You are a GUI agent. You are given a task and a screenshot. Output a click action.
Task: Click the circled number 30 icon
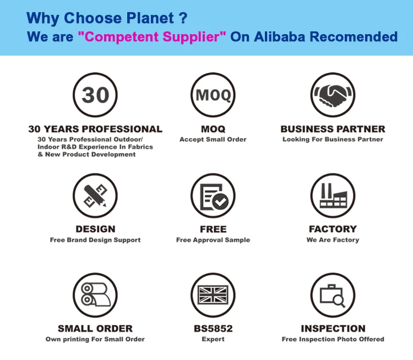[x=95, y=95]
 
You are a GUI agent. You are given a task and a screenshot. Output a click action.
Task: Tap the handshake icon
[x=333, y=95]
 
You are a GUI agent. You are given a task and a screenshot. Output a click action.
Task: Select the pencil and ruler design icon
[x=95, y=195]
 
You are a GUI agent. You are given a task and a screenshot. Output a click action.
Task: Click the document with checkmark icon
[x=213, y=195]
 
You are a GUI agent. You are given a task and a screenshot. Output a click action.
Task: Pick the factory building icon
[x=333, y=195]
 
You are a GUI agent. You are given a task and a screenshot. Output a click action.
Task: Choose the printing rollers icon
[x=95, y=295]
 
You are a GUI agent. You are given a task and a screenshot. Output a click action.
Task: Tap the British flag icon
[x=213, y=295]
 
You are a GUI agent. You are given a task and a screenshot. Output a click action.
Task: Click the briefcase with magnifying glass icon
[x=333, y=295]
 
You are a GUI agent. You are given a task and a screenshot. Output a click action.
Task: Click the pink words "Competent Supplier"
[x=152, y=37]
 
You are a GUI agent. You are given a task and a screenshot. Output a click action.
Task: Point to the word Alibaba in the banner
[x=279, y=37]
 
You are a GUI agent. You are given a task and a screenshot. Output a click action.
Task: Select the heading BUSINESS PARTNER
[x=333, y=129]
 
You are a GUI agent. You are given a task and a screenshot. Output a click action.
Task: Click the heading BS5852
[x=213, y=329]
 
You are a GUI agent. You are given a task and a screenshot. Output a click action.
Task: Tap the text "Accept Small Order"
[x=213, y=139]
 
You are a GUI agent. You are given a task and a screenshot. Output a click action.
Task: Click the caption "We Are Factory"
[x=333, y=240]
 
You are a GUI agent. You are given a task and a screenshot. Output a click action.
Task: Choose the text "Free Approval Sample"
[x=213, y=240]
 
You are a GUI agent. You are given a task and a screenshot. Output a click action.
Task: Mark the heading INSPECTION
[x=333, y=329]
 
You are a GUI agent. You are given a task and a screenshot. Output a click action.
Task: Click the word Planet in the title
[x=150, y=18]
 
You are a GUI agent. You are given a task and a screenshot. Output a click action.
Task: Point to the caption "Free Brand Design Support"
[x=95, y=240]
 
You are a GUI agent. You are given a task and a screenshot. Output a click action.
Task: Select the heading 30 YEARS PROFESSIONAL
[x=95, y=129]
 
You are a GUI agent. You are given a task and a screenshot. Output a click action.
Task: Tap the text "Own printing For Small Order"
[x=95, y=339]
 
